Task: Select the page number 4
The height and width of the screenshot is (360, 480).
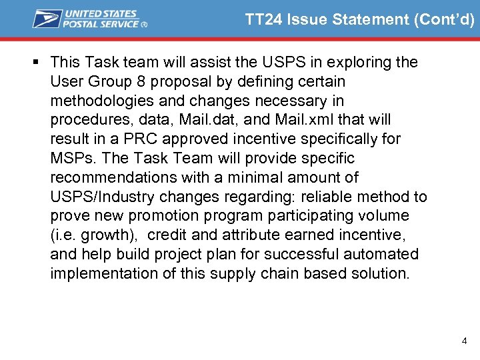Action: pyautogui.click(x=464, y=341)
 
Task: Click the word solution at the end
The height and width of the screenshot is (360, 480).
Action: pyautogui.click(x=381, y=274)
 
